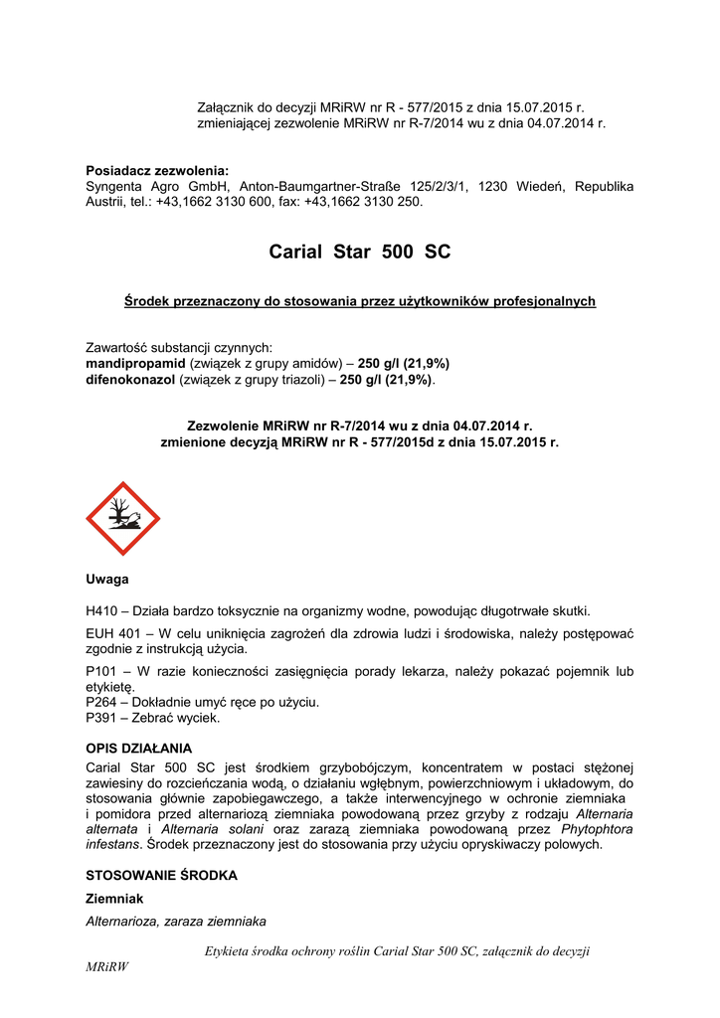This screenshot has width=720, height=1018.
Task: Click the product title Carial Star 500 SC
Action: point(359,253)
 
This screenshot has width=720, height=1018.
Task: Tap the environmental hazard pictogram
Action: point(122,518)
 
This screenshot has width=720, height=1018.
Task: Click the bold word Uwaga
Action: point(107,579)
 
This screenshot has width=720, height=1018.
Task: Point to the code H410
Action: point(104,610)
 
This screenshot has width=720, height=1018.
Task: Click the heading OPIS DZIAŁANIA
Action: point(139,748)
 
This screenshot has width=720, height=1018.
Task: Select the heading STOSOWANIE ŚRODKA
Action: point(162,876)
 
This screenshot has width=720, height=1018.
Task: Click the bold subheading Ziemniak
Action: point(115,899)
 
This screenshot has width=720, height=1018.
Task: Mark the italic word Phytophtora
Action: point(598,828)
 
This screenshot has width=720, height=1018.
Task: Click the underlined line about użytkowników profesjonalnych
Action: point(359,300)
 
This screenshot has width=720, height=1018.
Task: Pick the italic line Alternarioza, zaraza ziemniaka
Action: point(176,922)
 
